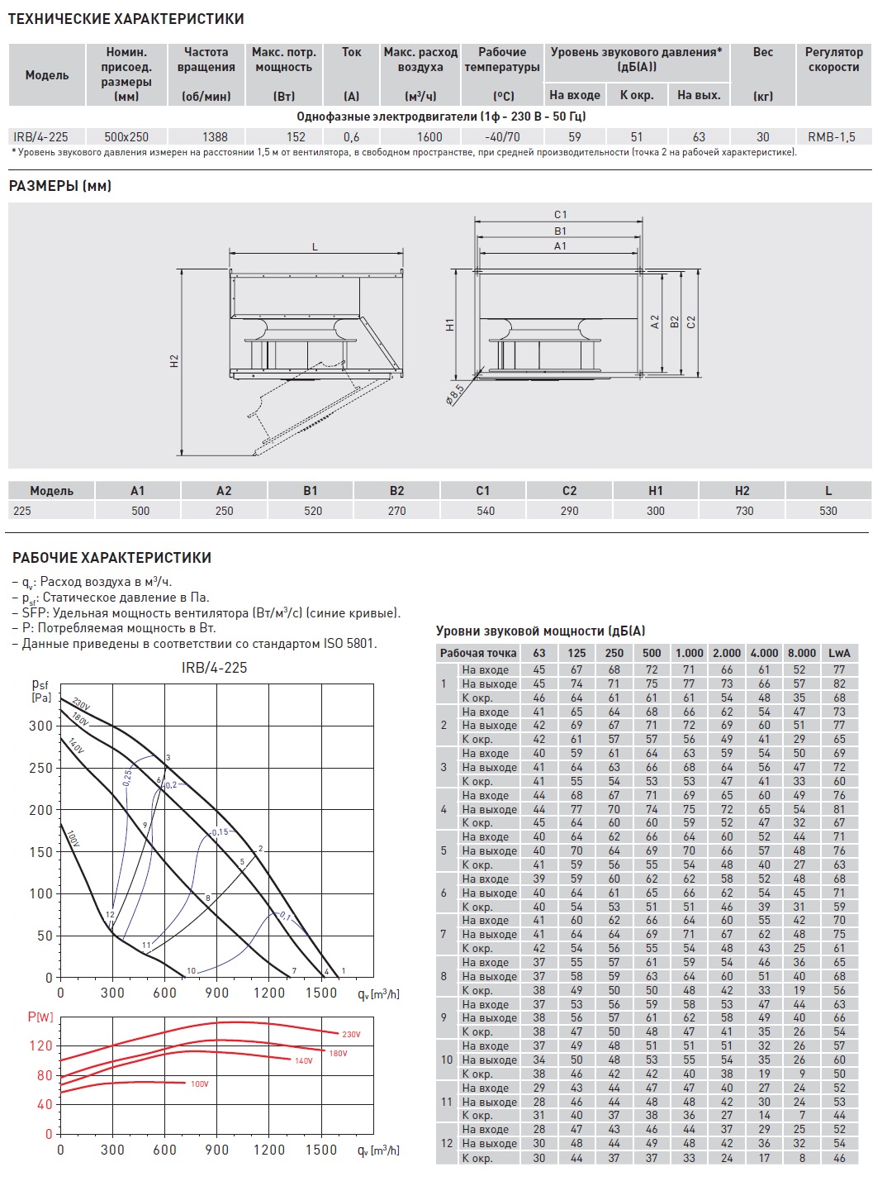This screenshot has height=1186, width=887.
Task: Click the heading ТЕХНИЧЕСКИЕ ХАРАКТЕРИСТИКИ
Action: pyautogui.click(x=126, y=18)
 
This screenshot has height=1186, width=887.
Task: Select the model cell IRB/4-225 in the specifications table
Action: pyautogui.click(x=40, y=137)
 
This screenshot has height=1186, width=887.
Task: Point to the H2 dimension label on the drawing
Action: pyautogui.click(x=174, y=361)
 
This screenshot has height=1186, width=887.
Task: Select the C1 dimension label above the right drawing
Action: pyautogui.click(x=560, y=215)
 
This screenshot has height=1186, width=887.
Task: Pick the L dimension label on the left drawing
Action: pyautogui.click(x=315, y=247)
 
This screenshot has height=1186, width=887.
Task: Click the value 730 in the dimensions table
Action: pyautogui.click(x=744, y=511)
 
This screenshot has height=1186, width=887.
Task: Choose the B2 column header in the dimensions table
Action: pyautogui.click(x=396, y=491)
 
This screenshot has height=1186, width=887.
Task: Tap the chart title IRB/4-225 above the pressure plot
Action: pyautogui.click(x=214, y=668)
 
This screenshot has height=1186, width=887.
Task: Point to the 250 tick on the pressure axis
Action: pyautogui.click(x=40, y=768)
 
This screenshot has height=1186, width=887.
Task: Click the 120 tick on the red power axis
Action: pyautogui.click(x=40, y=1045)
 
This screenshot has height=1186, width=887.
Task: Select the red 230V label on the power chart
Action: pyautogui.click(x=351, y=1035)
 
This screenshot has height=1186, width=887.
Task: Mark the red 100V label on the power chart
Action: pyautogui.click(x=199, y=1084)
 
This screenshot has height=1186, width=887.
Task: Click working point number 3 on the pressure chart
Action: pyautogui.click(x=168, y=758)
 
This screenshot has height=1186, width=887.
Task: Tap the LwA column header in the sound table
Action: pyautogui.click(x=839, y=653)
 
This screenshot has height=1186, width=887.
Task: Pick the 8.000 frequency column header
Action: pyautogui.click(x=801, y=653)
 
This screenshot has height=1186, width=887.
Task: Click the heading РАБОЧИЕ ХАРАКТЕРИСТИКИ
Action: pyautogui.click(x=111, y=558)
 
